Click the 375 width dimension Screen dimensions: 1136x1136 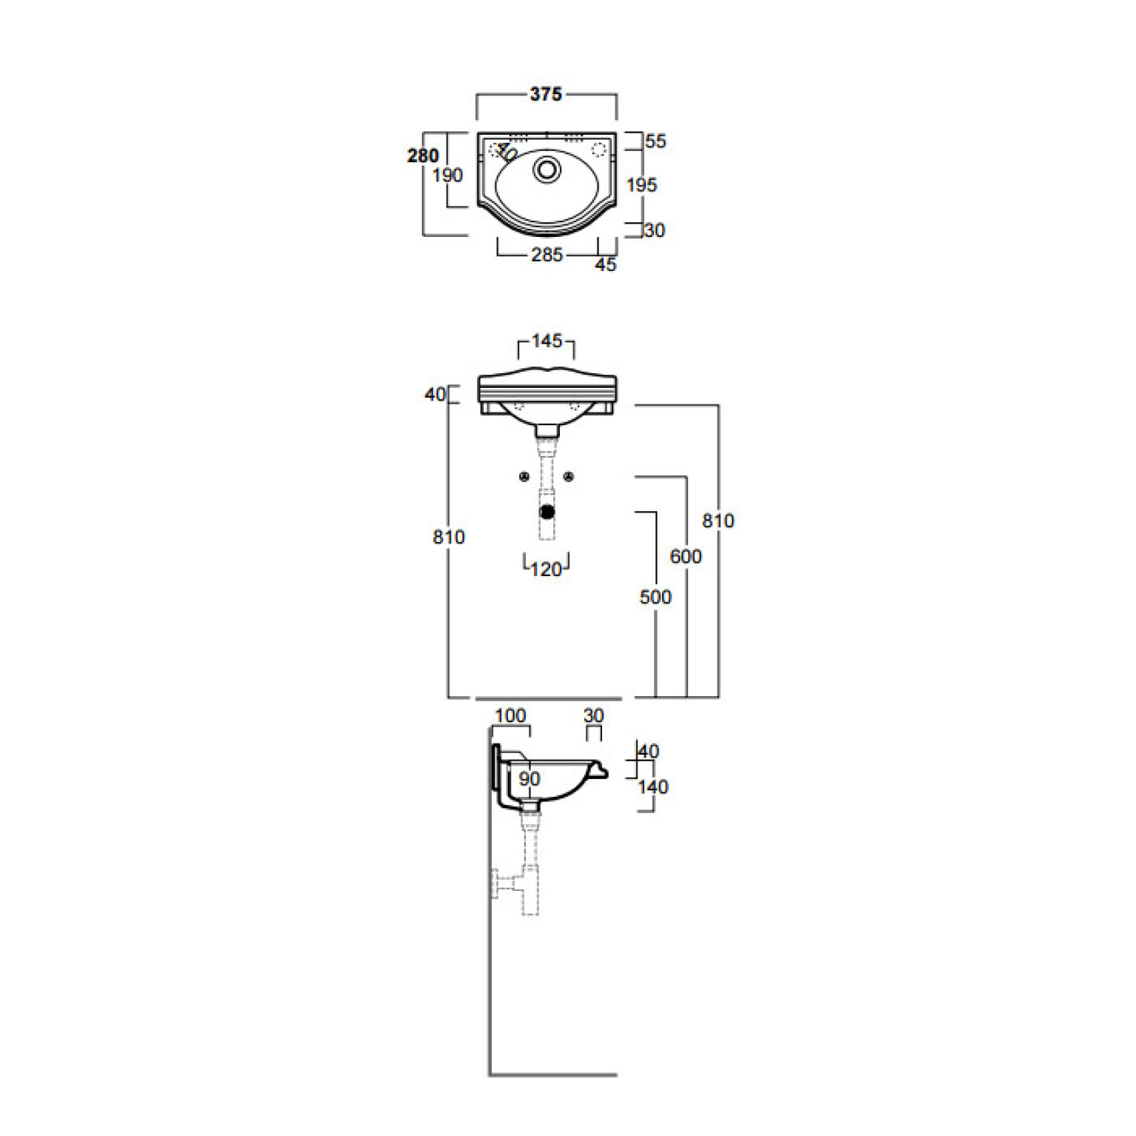[x=546, y=94]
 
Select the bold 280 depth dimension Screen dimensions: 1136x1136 [x=423, y=156]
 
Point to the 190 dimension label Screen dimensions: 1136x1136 [x=447, y=176]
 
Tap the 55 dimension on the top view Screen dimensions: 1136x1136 [x=655, y=141]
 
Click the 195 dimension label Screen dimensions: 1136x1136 [x=641, y=184]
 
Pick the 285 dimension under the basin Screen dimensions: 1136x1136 [x=547, y=255]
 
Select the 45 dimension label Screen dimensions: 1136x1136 [x=606, y=264]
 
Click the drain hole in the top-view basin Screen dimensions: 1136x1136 [x=547, y=170]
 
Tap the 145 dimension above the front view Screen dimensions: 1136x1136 [x=547, y=341]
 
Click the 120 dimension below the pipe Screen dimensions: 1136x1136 [x=547, y=569]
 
